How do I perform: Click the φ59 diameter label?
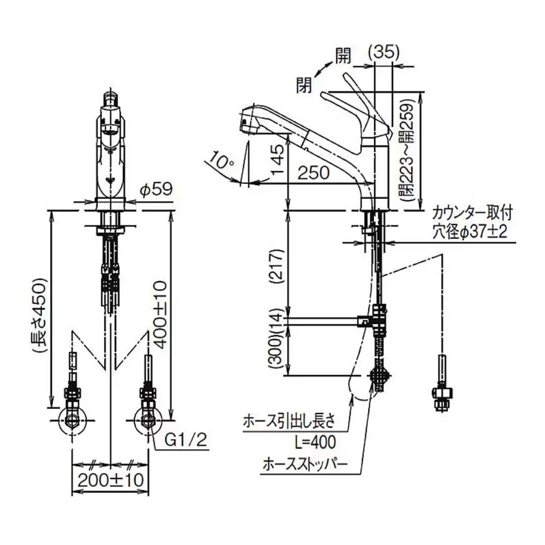pyautogui.click(x=156, y=190)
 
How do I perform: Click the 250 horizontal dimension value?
pyautogui.click(x=312, y=172)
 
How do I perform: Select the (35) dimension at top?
pyautogui.click(x=384, y=52)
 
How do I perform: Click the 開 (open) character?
pyautogui.click(x=343, y=57)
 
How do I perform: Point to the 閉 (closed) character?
pyautogui.click(x=305, y=83)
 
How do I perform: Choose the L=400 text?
pyautogui.click(x=314, y=443)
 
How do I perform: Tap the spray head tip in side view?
pyautogui.click(x=245, y=121)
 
